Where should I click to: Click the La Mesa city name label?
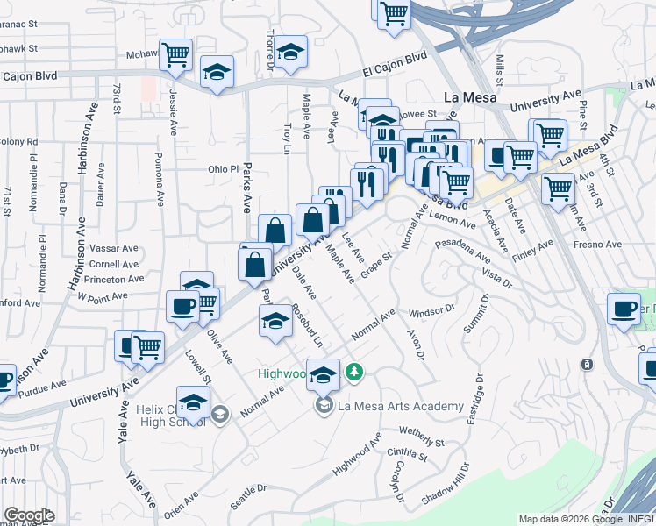tap(470, 97)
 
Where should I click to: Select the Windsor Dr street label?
tap(432, 310)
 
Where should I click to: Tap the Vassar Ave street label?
tap(114, 249)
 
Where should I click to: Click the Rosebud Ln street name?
tap(307, 327)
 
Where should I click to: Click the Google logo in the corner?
tap(29, 515)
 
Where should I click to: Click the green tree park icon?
tap(353, 373)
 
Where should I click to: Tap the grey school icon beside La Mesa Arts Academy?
tap(324, 405)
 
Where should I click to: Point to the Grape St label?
tap(374, 264)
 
